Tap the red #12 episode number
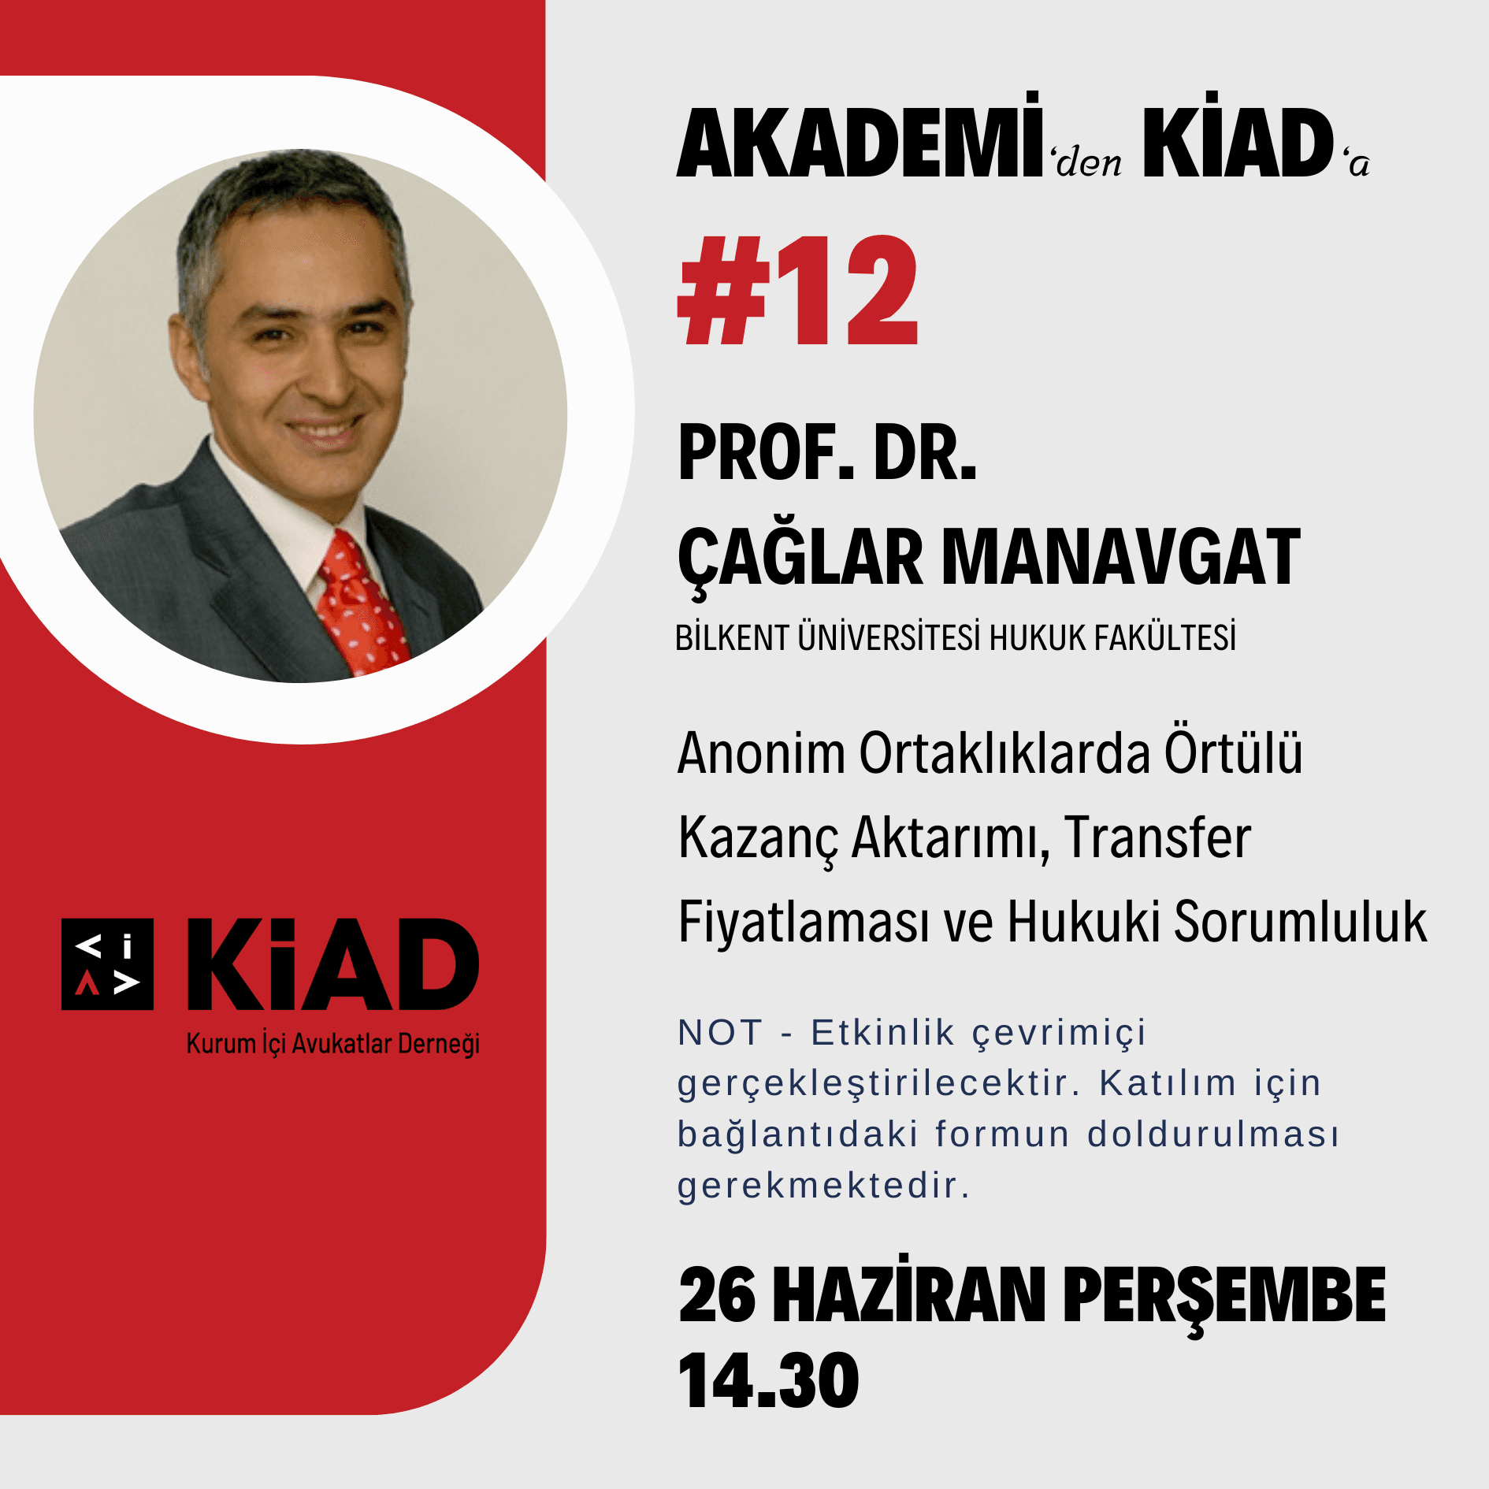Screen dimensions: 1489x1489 798,291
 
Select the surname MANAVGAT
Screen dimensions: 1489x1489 1121,557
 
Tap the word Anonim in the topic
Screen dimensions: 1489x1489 761,753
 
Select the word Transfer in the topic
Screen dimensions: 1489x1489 1157,837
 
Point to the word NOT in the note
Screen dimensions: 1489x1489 720,1032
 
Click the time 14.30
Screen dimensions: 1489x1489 768,1379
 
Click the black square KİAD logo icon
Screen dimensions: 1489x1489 108,964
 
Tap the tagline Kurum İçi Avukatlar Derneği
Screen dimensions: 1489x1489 333,1044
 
